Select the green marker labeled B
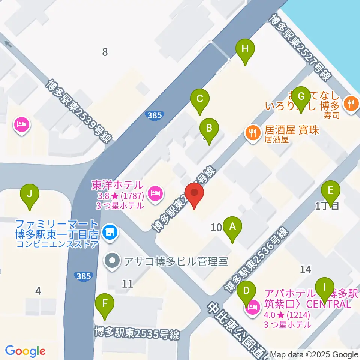209,130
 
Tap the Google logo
25,351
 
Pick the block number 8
105,52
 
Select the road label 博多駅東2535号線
137,333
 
